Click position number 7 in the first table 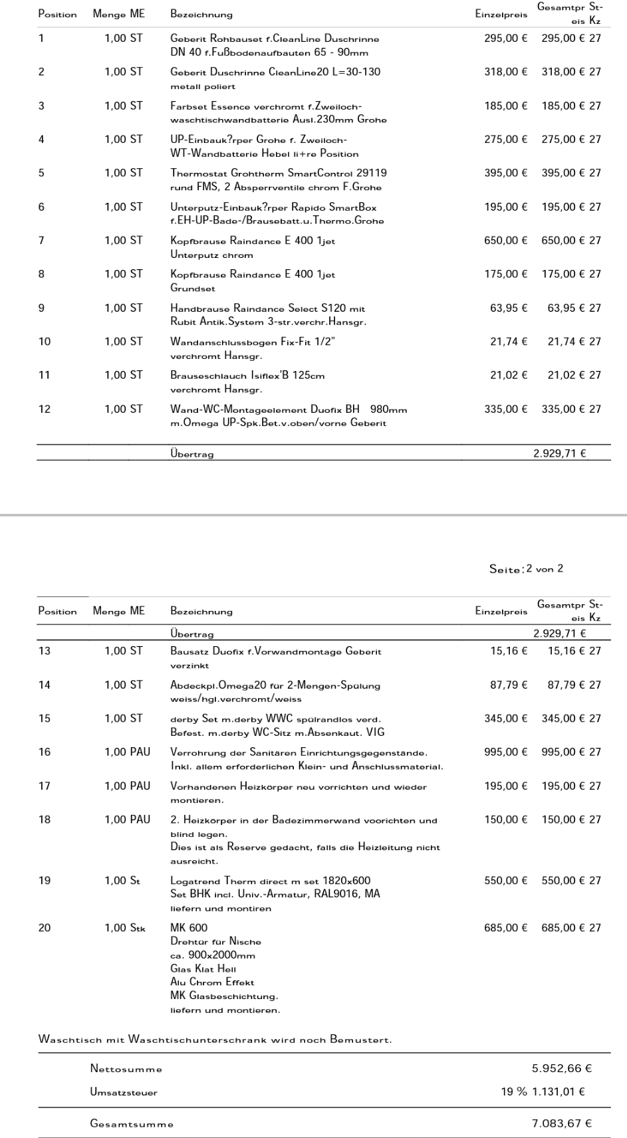41,241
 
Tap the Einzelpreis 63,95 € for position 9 509,308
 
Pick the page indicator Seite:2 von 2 526,569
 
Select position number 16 44,752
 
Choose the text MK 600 189,928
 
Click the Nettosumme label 126,1070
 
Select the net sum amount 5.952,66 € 562,1069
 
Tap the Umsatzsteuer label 124,1092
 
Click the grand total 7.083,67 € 562,1124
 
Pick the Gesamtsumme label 132,1125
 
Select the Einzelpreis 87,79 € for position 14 509,685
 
